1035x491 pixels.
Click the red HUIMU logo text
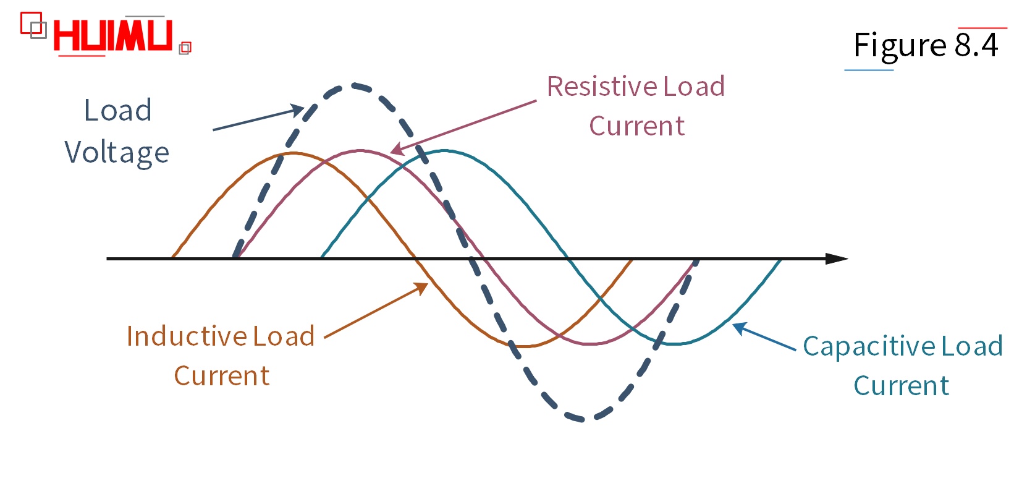[112, 35]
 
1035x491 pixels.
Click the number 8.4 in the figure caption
[976, 45]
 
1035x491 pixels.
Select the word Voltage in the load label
[117, 153]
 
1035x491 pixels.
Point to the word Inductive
[187, 336]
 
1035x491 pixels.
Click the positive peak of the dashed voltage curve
[353, 85]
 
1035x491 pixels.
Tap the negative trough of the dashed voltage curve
[583, 419]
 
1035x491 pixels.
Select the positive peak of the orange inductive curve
[292, 153]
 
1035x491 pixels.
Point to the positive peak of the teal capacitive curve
[444, 150]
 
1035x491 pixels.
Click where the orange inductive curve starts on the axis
[172, 257]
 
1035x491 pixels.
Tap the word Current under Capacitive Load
[901, 386]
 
